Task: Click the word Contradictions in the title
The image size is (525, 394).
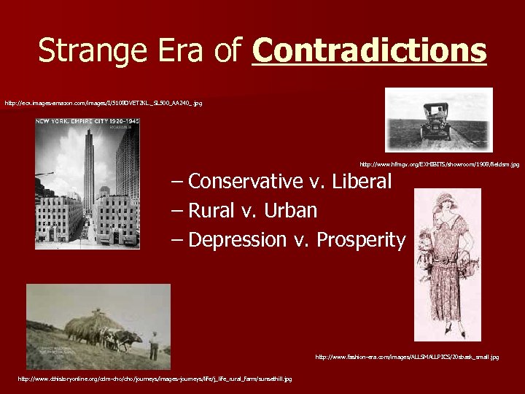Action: click(369, 51)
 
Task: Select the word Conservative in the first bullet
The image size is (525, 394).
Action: click(246, 181)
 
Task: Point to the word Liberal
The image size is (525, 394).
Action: click(362, 181)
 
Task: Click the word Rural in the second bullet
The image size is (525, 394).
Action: click(211, 211)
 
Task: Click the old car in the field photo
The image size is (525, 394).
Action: click(436, 120)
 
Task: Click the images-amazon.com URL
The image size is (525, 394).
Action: click(104, 104)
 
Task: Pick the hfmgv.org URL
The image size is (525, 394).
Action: click(439, 165)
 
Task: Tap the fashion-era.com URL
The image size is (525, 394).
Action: click(407, 357)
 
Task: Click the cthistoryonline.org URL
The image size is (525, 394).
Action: click(155, 379)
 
